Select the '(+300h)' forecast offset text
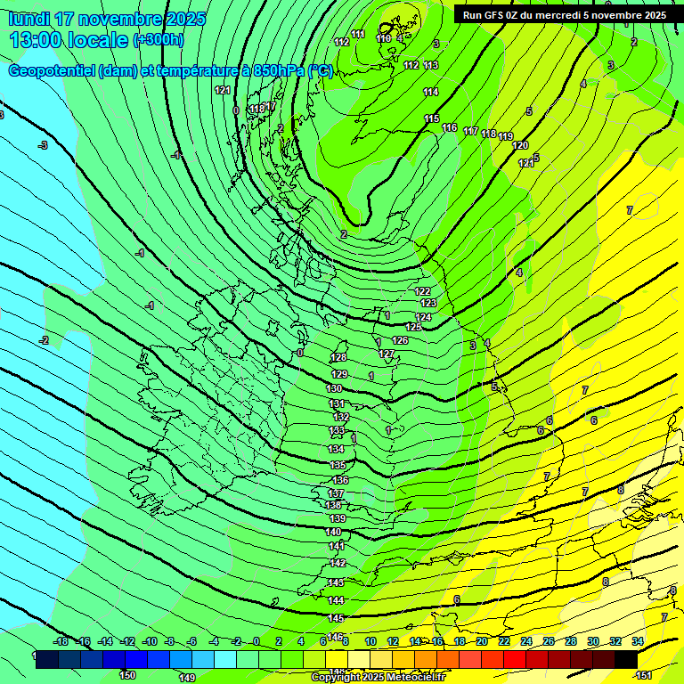click(159, 39)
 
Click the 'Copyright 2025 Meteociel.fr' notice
click(378, 678)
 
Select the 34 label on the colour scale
click(638, 641)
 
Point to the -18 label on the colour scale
click(61, 641)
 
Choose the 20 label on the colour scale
click(481, 641)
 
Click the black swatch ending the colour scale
click(625, 659)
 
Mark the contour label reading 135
click(338, 466)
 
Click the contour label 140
click(334, 533)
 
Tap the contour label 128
click(338, 357)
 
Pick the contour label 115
click(431, 118)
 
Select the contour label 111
click(358, 34)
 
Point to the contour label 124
click(424, 317)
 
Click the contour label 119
click(506, 136)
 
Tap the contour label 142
click(338, 563)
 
